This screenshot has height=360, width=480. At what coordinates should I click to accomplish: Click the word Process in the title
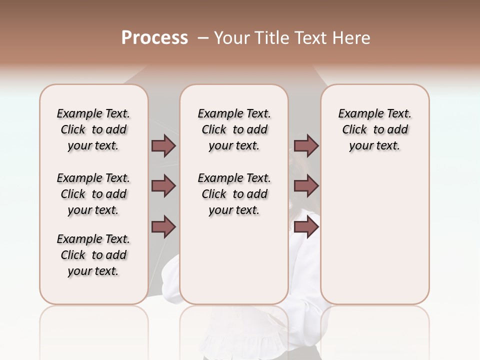[x=154, y=37]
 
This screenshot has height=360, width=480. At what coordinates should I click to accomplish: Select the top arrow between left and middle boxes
[x=163, y=145]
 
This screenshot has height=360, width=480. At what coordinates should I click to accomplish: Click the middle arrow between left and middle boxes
[x=163, y=186]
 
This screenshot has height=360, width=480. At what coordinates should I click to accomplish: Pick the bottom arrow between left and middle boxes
[x=163, y=227]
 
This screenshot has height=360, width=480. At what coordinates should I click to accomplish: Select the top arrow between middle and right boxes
[x=306, y=145]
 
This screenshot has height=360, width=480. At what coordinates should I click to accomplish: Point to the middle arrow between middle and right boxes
[x=306, y=186]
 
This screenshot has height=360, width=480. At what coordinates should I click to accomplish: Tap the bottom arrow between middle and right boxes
[x=306, y=227]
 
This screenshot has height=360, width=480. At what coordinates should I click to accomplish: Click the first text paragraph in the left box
[x=93, y=129]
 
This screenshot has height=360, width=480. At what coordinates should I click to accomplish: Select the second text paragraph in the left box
[x=93, y=194]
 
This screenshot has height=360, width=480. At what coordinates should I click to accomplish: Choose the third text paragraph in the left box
[x=93, y=255]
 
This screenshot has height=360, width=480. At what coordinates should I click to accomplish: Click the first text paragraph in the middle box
[x=234, y=129]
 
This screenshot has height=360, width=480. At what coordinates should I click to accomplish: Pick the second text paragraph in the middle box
[x=234, y=194]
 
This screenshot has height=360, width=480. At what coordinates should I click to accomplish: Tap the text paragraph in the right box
[x=375, y=129]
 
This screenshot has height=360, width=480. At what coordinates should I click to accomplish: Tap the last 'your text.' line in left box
[x=93, y=271]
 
